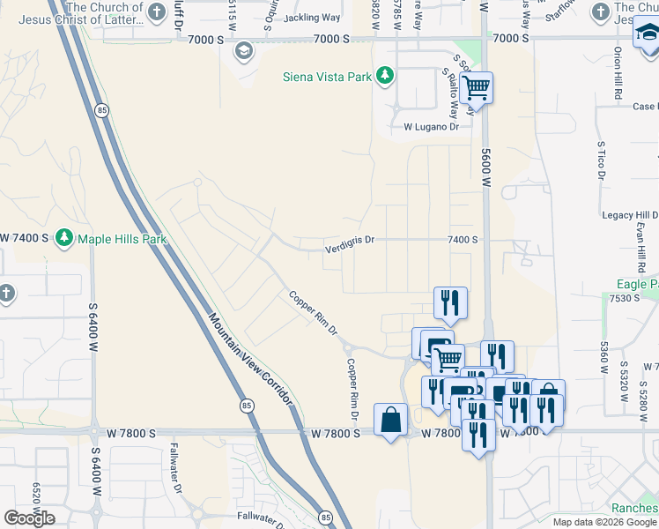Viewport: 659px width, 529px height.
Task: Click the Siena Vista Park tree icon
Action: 384,77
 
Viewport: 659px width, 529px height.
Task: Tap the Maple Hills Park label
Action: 122,238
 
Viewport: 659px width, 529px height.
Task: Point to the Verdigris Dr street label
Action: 349,239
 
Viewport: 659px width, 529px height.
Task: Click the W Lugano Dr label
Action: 432,127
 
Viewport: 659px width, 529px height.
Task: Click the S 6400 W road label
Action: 93,326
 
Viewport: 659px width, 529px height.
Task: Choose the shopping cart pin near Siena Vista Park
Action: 477,87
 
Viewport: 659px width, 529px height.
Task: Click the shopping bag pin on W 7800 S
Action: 390,420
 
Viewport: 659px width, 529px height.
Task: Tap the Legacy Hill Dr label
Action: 630,215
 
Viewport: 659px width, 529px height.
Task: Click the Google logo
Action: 29,518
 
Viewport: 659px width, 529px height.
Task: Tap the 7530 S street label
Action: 621,298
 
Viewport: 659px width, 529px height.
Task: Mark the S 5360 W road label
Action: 604,356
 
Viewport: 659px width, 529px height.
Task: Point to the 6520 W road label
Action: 36,501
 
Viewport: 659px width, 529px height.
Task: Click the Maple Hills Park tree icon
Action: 63,238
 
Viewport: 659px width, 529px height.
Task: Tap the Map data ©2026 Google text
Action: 604,522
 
